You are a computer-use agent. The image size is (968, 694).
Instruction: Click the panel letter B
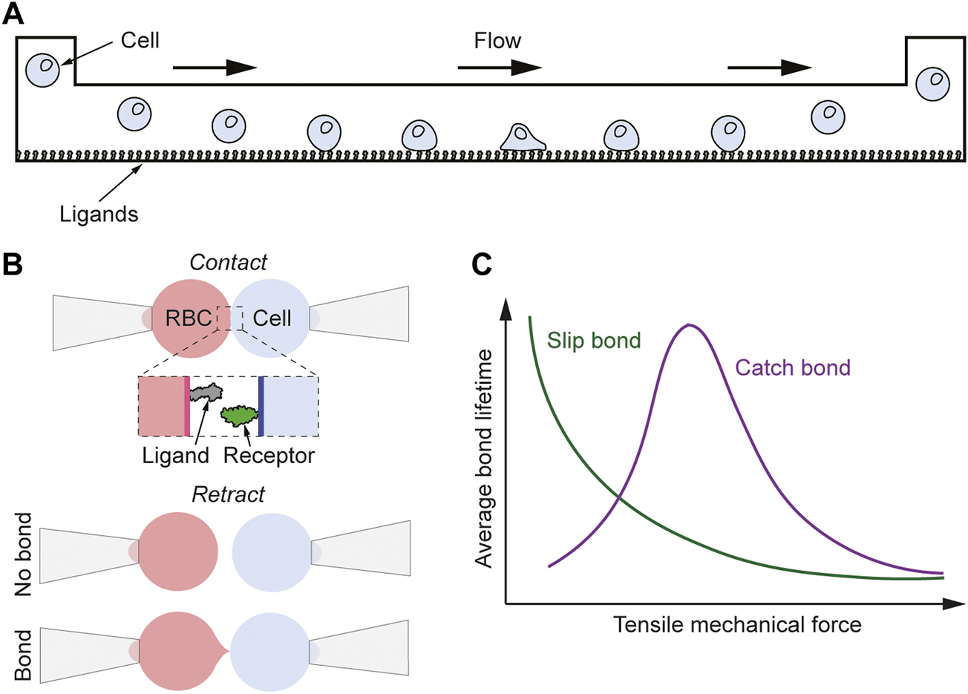pyautogui.click(x=13, y=265)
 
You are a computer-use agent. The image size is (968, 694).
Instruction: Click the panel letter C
pyautogui.click(x=482, y=265)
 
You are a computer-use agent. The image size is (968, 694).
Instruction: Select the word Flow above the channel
pyautogui.click(x=497, y=40)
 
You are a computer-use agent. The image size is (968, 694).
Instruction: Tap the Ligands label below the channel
pyautogui.click(x=99, y=215)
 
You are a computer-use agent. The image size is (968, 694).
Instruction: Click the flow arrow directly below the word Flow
pyautogui.click(x=500, y=68)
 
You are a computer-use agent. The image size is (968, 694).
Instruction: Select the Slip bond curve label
pyautogui.click(x=593, y=341)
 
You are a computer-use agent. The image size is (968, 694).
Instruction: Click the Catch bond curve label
pyautogui.click(x=792, y=367)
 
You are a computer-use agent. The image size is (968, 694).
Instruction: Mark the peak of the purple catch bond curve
pyautogui.click(x=690, y=325)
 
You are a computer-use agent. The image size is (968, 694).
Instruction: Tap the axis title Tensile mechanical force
pyautogui.click(x=737, y=624)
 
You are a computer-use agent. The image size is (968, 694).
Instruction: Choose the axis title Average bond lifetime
pyautogui.click(x=484, y=459)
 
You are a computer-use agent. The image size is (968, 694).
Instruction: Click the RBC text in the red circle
pyautogui.click(x=188, y=318)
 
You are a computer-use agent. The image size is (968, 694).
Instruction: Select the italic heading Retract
pyautogui.click(x=228, y=494)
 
